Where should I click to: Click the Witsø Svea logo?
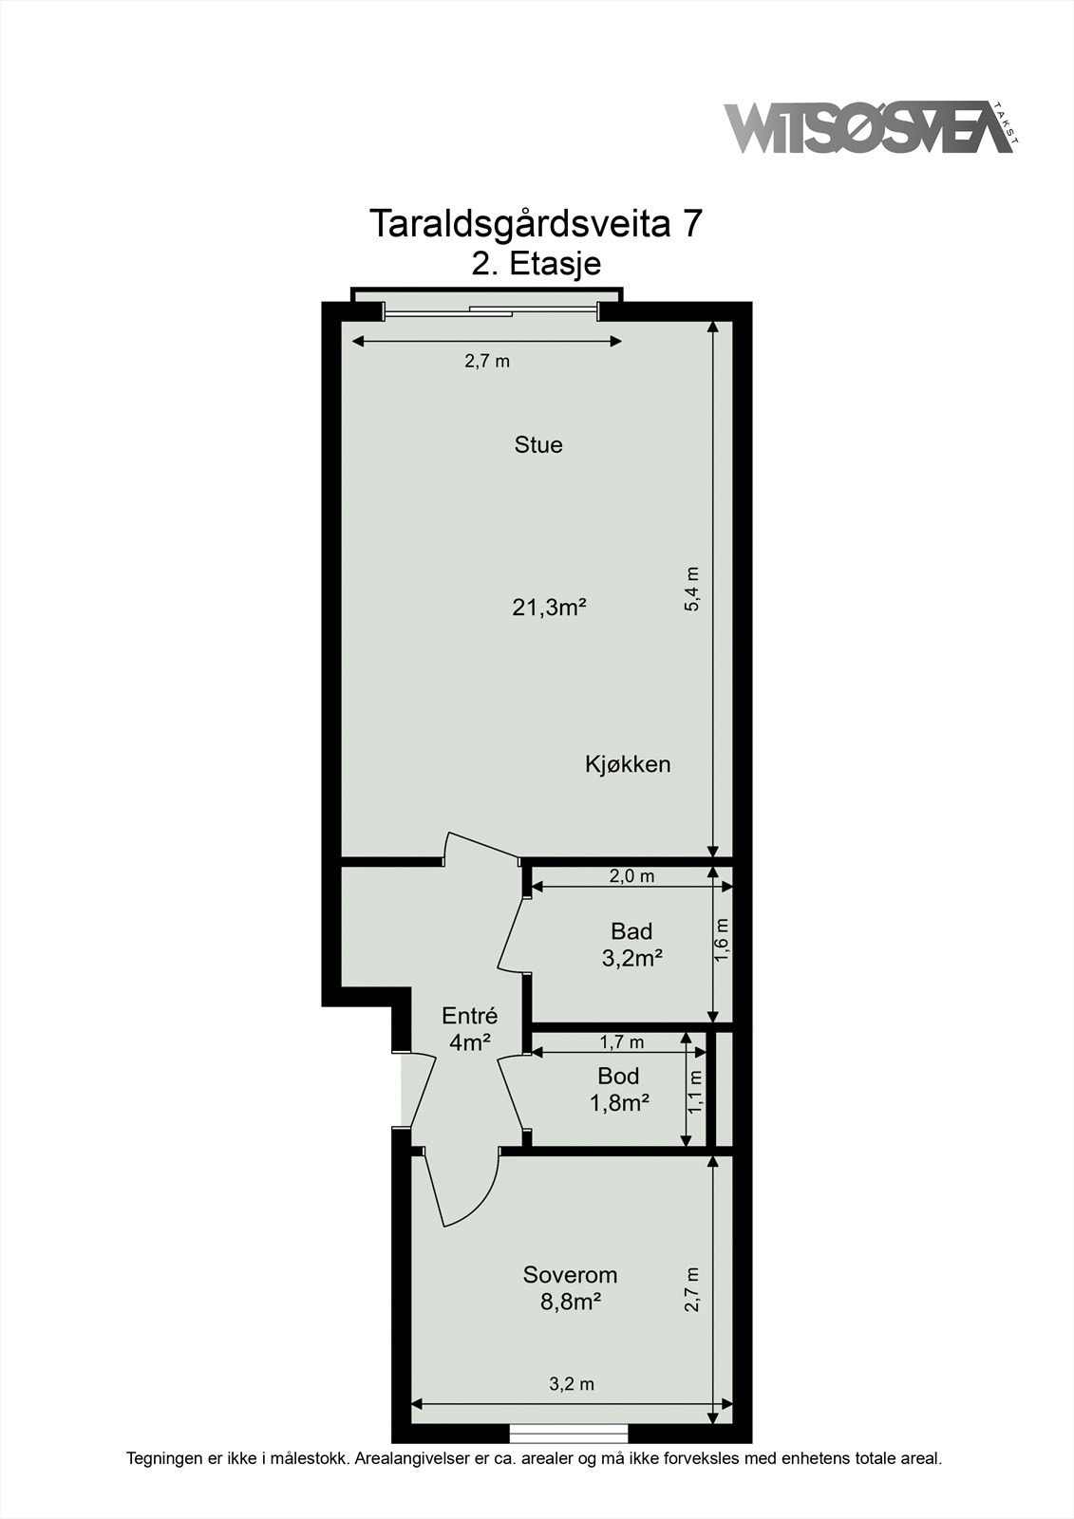pyautogui.click(x=872, y=128)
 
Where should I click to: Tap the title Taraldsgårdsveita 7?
pyautogui.click(x=535, y=224)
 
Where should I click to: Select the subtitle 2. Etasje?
pyautogui.click(x=536, y=264)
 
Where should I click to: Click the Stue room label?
pyautogui.click(x=538, y=445)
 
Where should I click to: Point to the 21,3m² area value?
pyautogui.click(x=549, y=608)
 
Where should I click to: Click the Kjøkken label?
pyautogui.click(x=628, y=765)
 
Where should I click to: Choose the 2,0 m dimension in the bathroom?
pyautogui.click(x=631, y=876)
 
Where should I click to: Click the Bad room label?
pyautogui.click(x=631, y=931)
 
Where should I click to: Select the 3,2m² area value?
pyautogui.click(x=631, y=958)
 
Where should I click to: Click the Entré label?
pyautogui.click(x=469, y=1015)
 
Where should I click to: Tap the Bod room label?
pyautogui.click(x=618, y=1077)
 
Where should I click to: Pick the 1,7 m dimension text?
pyautogui.click(x=621, y=1041)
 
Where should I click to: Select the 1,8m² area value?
pyautogui.click(x=619, y=1103)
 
